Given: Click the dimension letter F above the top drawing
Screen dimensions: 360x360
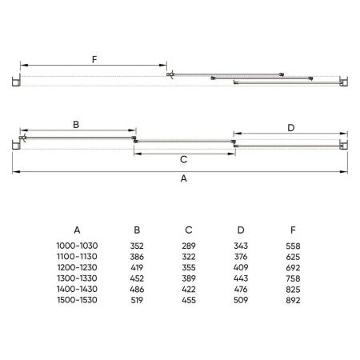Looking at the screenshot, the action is click(94, 59).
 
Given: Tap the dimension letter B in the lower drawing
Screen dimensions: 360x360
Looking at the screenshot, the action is click(76, 125).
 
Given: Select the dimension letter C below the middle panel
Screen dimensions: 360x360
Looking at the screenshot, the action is click(184, 159).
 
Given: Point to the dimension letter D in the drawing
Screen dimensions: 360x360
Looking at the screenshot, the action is click(291, 128).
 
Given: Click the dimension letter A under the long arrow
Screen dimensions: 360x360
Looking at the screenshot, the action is click(184, 178).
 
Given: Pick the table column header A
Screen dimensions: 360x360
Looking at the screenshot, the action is click(77, 230).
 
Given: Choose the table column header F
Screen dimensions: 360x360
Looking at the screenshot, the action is click(293, 230).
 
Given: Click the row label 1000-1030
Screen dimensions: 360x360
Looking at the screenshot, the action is click(77, 246).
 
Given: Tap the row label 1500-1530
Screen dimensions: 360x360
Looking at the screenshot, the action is click(77, 300).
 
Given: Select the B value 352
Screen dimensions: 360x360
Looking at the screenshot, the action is click(137, 246).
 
